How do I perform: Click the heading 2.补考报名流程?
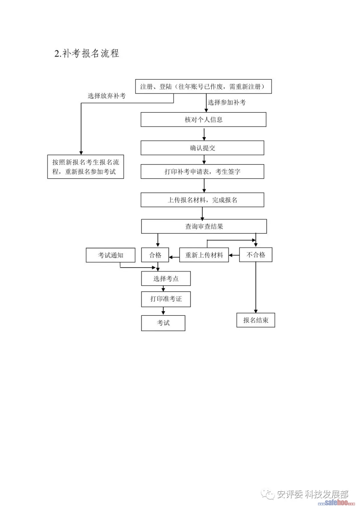(x=87, y=53)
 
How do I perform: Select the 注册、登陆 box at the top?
(x=203, y=86)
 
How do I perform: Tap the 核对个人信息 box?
(x=203, y=119)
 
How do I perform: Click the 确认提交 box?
(x=202, y=148)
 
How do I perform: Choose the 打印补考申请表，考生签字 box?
(x=202, y=172)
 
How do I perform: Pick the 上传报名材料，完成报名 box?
(x=202, y=200)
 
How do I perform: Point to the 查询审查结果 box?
(x=204, y=226)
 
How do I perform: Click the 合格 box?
(x=155, y=255)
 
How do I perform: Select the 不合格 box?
(x=256, y=255)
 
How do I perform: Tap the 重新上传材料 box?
(x=204, y=255)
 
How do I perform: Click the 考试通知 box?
(x=110, y=255)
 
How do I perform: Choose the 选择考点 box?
(x=166, y=279)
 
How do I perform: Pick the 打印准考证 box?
(x=166, y=299)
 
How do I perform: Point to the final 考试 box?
(x=163, y=323)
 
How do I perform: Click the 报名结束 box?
(x=256, y=320)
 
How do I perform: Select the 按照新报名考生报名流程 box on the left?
(x=85, y=167)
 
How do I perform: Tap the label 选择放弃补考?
(x=107, y=96)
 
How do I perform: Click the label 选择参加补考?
(x=227, y=102)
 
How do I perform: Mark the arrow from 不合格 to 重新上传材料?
(x=234, y=255)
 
